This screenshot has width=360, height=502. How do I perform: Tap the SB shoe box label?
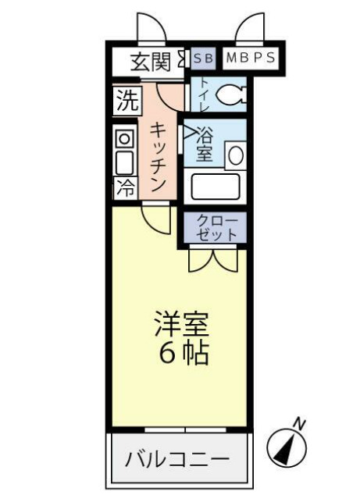(201, 58)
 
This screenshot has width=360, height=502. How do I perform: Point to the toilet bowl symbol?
(230, 96)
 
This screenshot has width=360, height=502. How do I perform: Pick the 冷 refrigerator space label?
(124, 187)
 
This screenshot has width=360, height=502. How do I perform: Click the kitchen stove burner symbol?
(124, 137)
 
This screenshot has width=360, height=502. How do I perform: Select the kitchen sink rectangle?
(124, 162)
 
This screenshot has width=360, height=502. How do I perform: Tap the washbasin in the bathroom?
(234, 155)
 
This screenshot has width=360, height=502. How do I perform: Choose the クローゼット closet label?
(215, 226)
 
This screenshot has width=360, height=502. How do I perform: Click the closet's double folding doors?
(215, 258)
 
